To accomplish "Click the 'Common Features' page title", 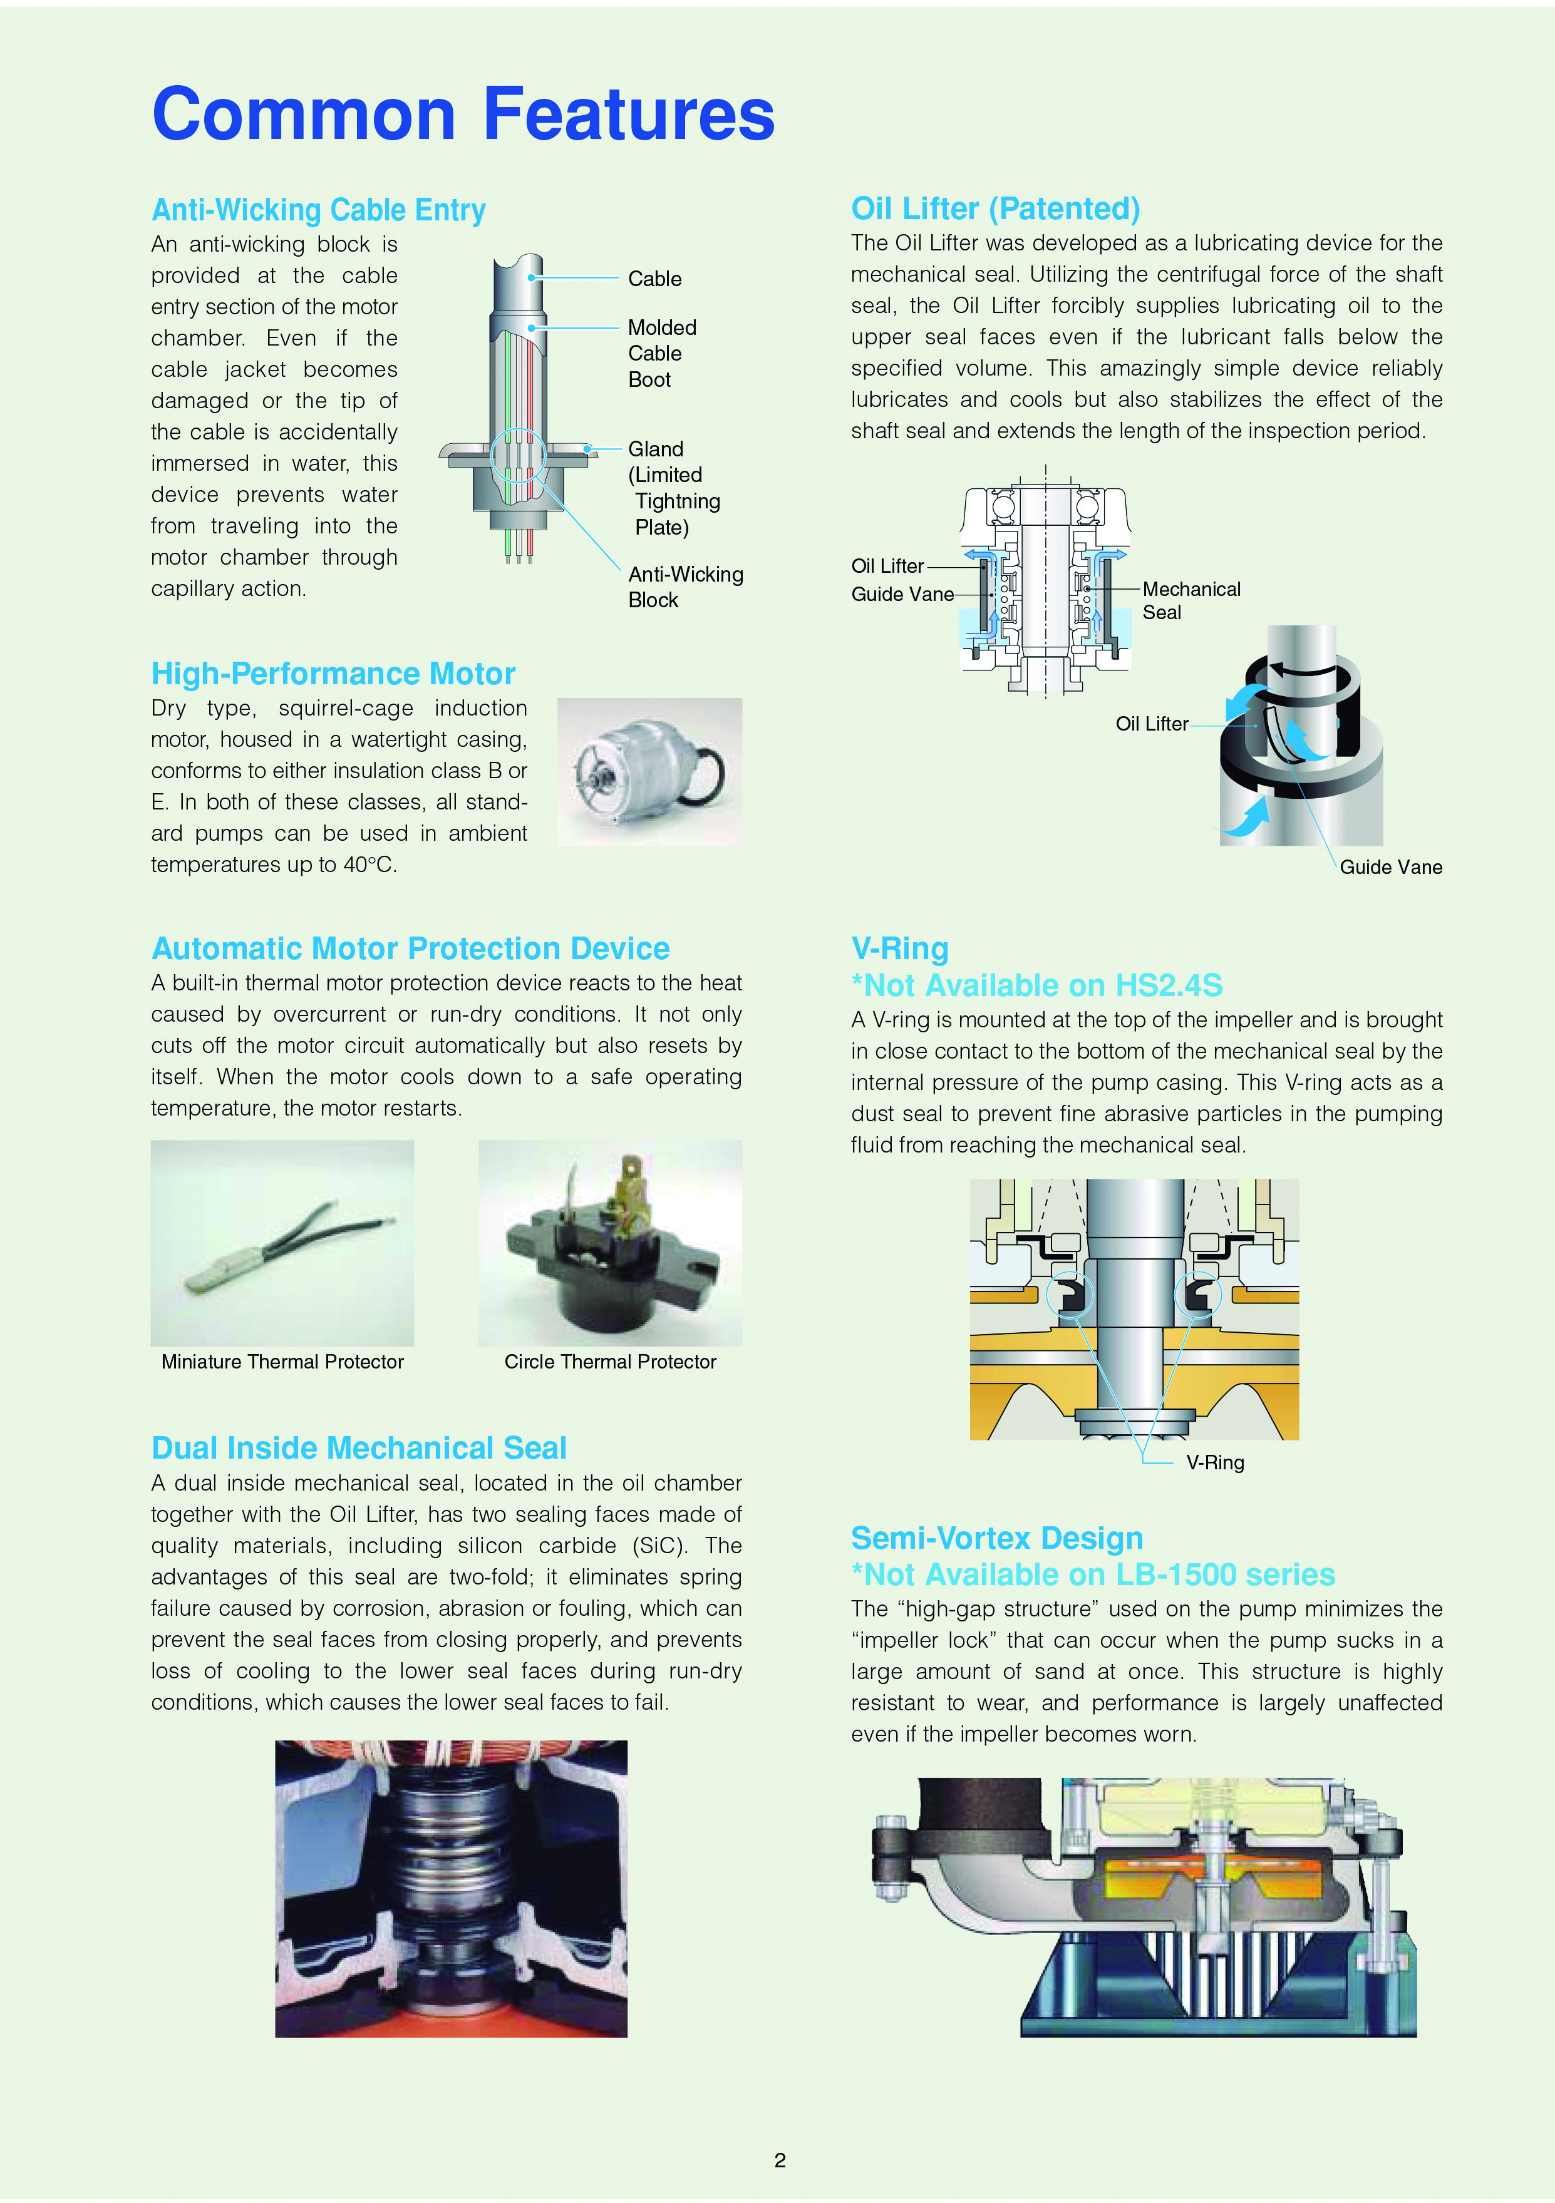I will point(463,114).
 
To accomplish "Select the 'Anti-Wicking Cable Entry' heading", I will point(319,209).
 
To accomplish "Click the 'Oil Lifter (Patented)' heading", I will point(995,208).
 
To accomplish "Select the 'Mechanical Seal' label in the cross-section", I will point(1191,600).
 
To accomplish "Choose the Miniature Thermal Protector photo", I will point(282,1243).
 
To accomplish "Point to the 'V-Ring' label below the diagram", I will point(1214,1462).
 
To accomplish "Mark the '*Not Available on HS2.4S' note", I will point(1036,985).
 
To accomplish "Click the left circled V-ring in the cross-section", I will point(1069,1295).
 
